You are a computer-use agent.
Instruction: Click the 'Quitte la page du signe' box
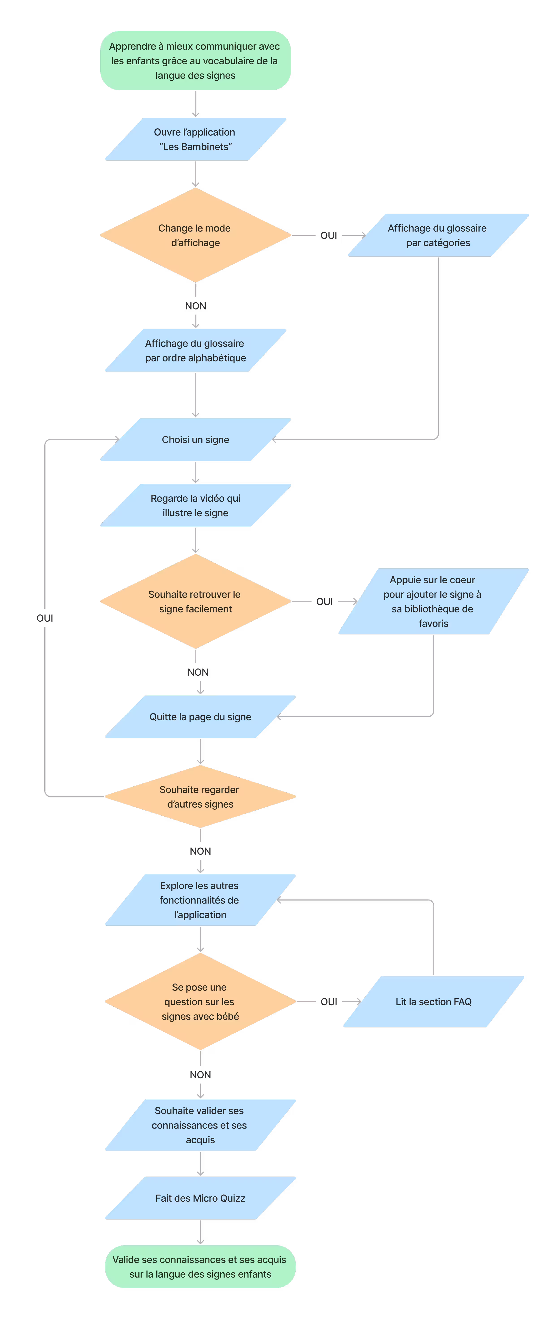[200, 716]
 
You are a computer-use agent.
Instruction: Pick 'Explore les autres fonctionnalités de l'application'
[200, 900]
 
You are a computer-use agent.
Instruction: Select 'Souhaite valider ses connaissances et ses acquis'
[200, 1125]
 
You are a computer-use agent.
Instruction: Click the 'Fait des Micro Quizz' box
[200, 1198]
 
